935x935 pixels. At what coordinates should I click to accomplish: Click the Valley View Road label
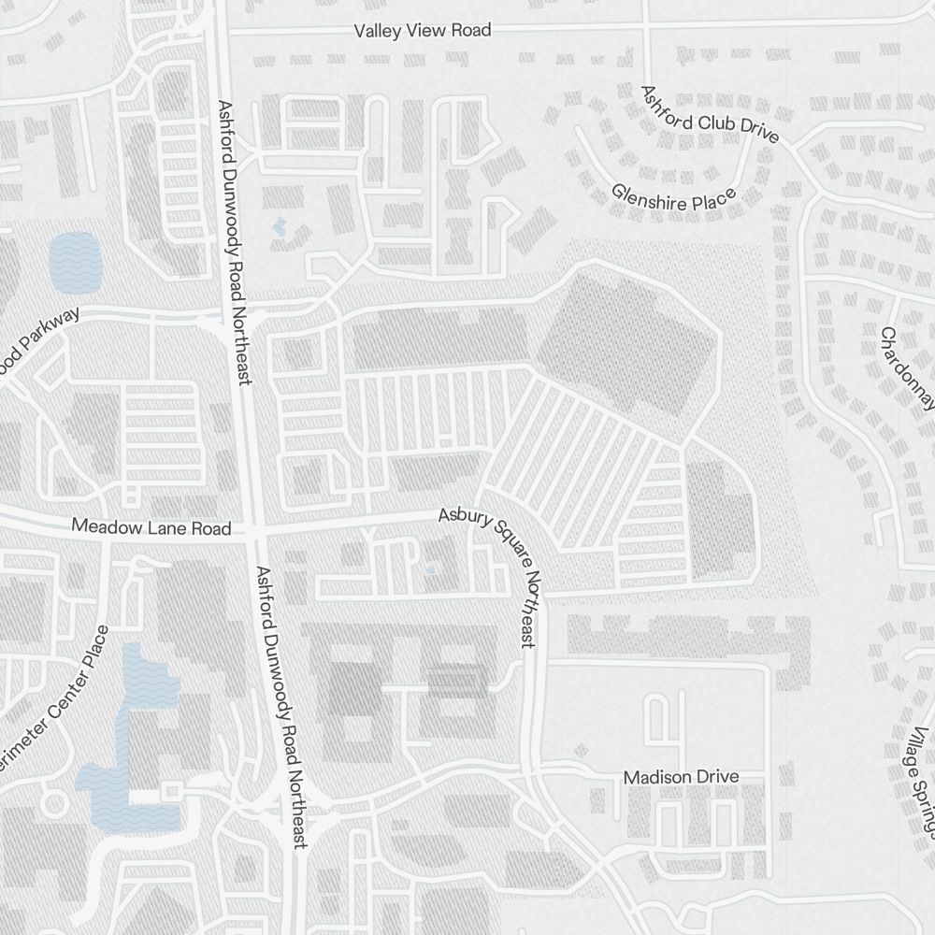point(423,31)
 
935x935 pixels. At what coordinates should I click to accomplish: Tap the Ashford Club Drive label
point(709,114)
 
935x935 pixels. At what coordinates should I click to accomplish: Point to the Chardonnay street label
point(908,368)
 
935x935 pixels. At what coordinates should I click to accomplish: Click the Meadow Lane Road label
point(151,528)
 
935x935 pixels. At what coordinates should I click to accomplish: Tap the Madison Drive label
point(681,777)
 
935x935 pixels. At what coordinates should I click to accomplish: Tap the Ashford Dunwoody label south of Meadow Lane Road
point(282,707)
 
